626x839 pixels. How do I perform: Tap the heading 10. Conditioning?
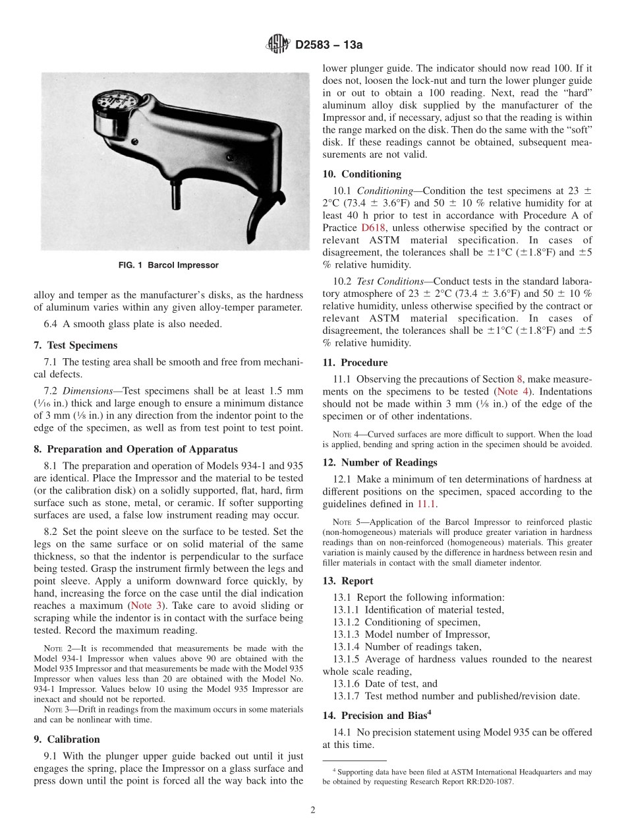(362, 174)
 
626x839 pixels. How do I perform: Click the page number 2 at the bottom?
(313, 811)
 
